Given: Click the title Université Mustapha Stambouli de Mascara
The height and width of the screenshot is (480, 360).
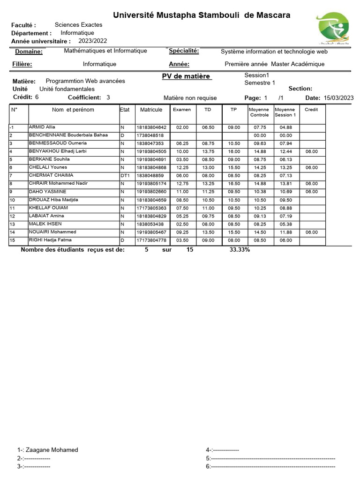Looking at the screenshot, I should [202, 15].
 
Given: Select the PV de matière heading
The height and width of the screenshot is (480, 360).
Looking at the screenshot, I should [186, 76].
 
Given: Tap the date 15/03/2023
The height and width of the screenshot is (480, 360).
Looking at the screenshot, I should [338, 98].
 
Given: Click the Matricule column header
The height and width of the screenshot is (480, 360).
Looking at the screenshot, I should [151, 110].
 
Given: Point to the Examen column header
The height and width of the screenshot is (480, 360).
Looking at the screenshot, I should [182, 110].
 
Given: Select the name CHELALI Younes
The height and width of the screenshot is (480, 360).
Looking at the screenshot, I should [48, 167].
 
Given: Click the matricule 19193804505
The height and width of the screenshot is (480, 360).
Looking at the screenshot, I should [151, 151].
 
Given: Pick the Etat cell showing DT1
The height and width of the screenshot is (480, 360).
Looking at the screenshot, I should [125, 175].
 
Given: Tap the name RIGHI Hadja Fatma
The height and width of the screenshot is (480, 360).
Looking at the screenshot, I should [50, 240].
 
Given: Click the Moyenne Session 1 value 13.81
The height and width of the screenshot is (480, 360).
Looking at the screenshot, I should [285, 184].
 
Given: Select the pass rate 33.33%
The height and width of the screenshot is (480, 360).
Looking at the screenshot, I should [240, 250].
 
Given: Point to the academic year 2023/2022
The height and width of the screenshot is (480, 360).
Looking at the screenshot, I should [93, 41].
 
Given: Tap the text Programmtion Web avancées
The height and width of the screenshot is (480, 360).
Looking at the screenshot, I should [85, 81].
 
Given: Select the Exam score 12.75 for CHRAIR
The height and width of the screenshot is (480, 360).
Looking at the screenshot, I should [182, 184].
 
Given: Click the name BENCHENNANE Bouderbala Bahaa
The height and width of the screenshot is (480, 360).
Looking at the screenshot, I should [68, 135].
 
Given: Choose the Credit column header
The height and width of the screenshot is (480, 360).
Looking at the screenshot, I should [311, 110].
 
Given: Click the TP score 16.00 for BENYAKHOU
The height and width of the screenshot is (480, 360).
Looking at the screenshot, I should [233, 151].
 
